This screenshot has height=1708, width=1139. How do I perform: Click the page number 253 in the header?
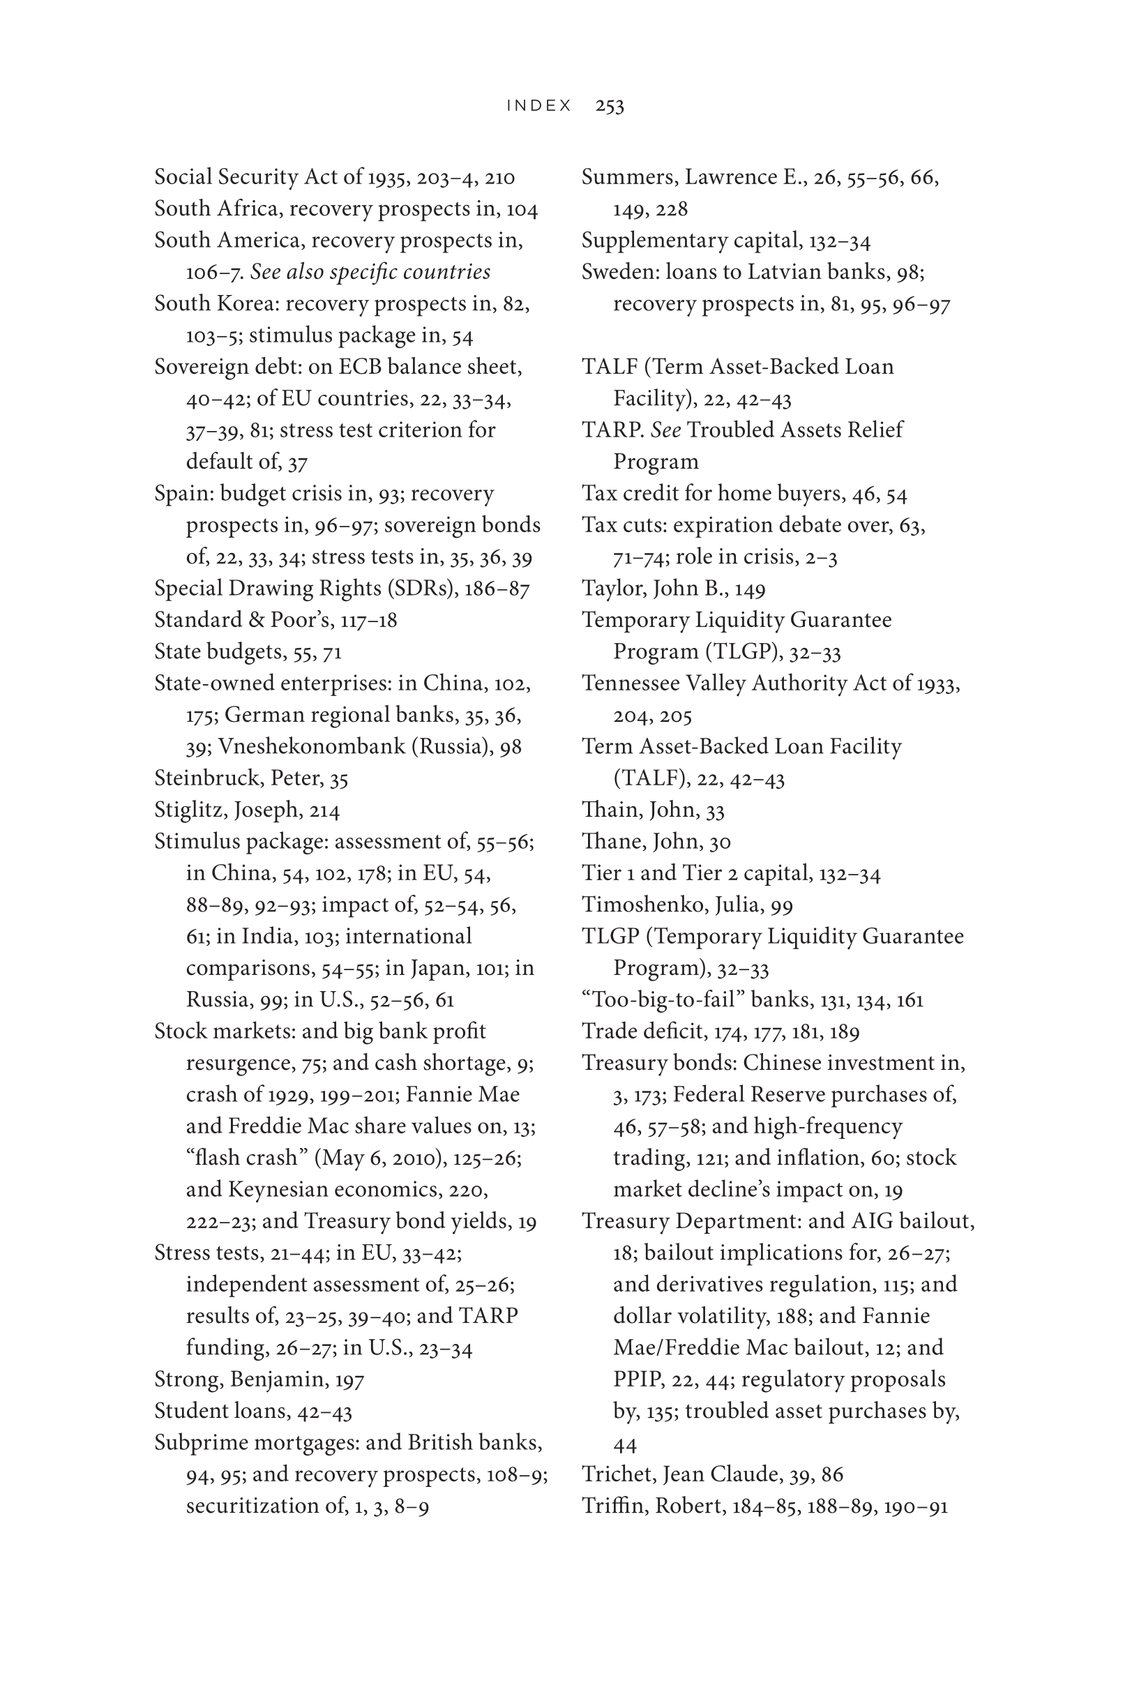coord(610,106)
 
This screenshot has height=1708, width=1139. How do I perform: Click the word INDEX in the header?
coord(539,106)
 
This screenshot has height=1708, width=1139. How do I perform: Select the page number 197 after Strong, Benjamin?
coord(349,1379)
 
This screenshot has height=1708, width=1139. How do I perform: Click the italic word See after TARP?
coord(665,430)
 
